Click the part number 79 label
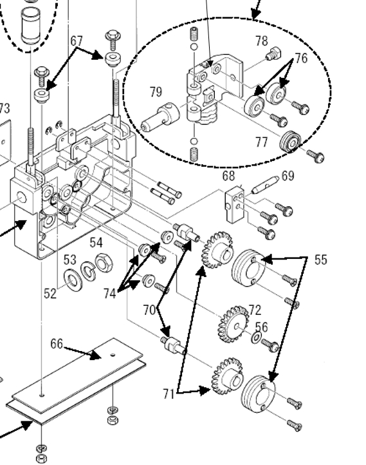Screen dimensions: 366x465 coord(156,92)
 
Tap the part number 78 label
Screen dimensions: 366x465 coord(261,41)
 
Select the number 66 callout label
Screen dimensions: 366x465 coord(57,344)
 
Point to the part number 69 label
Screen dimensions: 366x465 coord(288,176)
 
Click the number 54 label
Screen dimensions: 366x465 coord(96,243)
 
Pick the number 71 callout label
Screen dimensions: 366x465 coord(169,394)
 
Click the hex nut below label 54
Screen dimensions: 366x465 coord(104,263)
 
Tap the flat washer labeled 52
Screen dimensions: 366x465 coord(73,281)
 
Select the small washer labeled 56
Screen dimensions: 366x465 coord(257,337)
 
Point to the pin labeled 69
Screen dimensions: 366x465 coord(265,184)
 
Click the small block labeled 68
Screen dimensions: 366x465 coord(235,204)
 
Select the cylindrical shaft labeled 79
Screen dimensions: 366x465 coord(160,117)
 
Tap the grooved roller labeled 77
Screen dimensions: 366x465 coord(291,142)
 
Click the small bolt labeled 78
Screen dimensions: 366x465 coord(273,53)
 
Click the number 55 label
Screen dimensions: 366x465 coord(321,260)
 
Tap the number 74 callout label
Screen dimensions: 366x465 coord(110,294)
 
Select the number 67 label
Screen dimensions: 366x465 coord(77,41)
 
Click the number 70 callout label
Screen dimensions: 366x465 coord(149,310)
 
